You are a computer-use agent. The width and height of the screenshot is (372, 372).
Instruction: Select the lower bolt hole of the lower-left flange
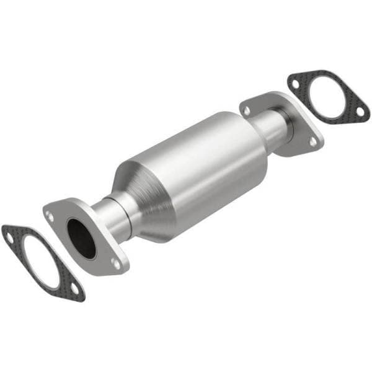(x=115, y=263)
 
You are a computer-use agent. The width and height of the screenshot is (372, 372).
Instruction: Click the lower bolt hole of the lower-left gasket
(x=75, y=288)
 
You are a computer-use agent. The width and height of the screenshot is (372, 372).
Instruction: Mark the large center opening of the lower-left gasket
(x=41, y=260)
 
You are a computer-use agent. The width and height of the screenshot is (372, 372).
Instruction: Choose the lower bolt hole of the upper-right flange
(x=313, y=141)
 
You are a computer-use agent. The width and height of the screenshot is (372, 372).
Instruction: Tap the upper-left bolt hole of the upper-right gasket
(x=294, y=81)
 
